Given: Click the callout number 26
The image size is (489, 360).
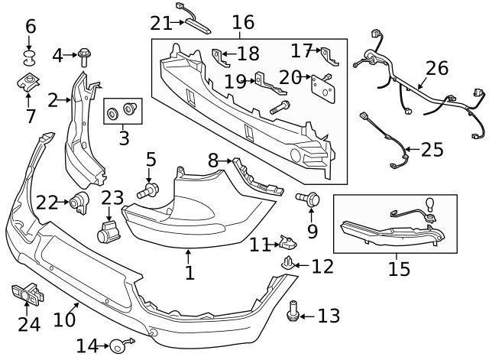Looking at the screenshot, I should click(436, 68).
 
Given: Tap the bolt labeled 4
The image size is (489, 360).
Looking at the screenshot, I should click(84, 56).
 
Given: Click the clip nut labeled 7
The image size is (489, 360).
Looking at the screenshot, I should click(28, 83).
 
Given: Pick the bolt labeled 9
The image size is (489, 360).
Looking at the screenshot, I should click(310, 199).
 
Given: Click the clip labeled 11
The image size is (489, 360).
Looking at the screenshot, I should click(288, 243).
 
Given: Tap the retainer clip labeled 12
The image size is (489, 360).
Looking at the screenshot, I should click(288, 264).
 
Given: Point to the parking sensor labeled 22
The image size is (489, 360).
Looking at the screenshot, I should click(79, 202).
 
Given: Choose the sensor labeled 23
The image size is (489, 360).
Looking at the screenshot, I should click(108, 231).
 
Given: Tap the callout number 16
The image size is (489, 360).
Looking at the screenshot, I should click(243, 23).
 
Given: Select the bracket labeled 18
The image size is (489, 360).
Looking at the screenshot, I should click(219, 57).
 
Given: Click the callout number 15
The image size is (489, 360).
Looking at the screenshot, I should click(399, 269).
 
